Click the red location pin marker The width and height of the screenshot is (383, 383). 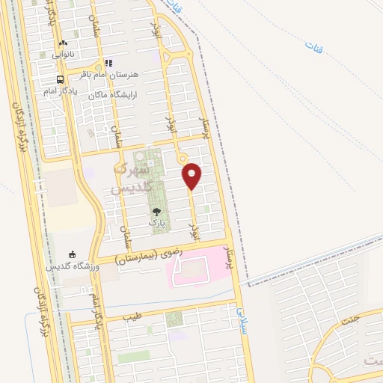[192, 177]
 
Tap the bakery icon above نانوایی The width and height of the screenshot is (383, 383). [62, 43]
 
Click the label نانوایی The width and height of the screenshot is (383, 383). [63, 54]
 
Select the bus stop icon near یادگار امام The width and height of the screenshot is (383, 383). [60, 80]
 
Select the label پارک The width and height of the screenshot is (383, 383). [156, 223]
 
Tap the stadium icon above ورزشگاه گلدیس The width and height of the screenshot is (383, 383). [72, 255]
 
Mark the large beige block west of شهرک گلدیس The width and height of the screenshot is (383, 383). [61, 187]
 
